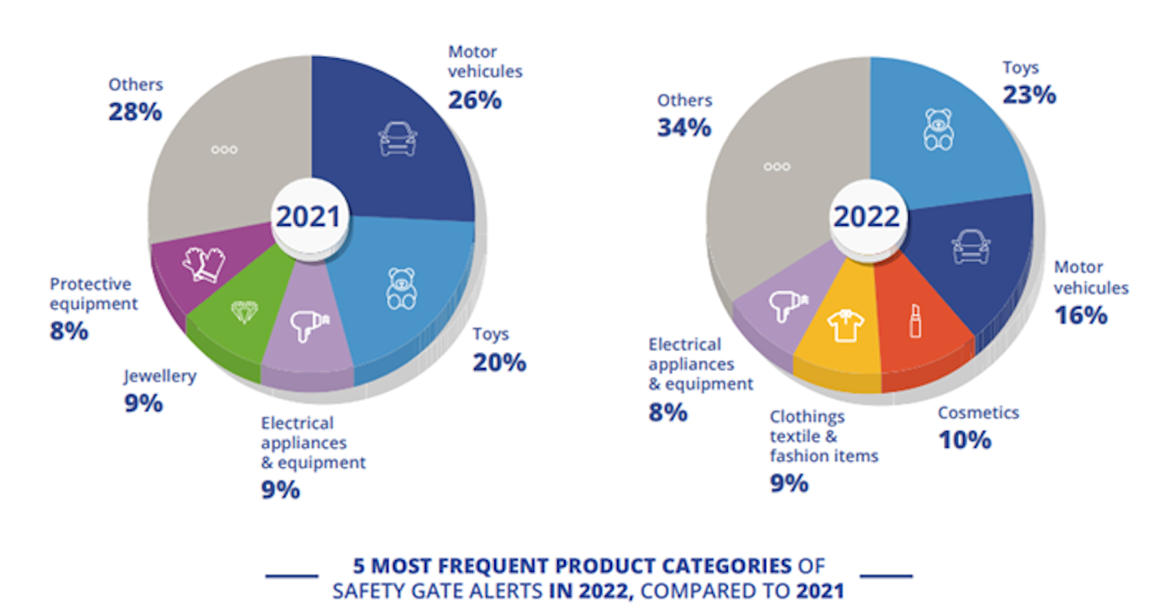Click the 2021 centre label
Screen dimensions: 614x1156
(x=307, y=217)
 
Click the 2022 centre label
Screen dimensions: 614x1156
(x=866, y=217)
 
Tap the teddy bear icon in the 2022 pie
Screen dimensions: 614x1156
(x=938, y=128)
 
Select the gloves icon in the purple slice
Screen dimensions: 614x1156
(x=204, y=264)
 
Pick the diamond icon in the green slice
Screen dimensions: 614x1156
(x=244, y=311)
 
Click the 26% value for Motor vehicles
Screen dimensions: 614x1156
(x=475, y=100)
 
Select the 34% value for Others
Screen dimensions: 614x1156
(x=684, y=128)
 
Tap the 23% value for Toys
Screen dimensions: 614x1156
(x=1029, y=95)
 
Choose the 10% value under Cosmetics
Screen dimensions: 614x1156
(x=964, y=440)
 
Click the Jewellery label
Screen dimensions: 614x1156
(x=160, y=377)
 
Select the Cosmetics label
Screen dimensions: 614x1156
(x=978, y=413)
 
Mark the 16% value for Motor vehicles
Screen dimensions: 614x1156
(x=1080, y=315)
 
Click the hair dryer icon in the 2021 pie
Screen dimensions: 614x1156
(x=309, y=327)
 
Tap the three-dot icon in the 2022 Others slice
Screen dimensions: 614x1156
(x=776, y=167)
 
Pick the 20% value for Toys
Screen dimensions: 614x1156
(x=499, y=362)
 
